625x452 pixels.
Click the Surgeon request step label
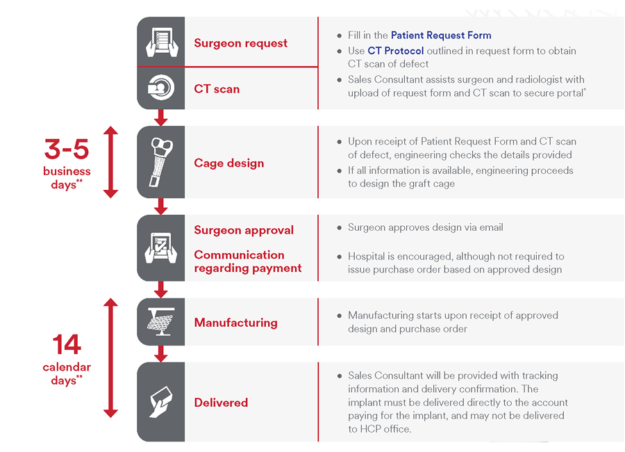coord(240,43)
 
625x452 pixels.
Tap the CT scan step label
coord(217,89)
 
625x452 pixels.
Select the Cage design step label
coord(228,163)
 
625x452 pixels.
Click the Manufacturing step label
coord(235,323)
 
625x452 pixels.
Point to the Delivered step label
coord(221,403)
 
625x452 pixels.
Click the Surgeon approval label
coord(244,230)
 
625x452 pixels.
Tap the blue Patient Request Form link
coord(441,35)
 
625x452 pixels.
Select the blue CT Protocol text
coord(396,51)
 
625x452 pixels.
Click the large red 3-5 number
coord(67,150)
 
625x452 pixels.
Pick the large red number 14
coord(67,345)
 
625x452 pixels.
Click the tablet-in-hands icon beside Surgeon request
coord(161,42)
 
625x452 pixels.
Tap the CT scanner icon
coord(161,88)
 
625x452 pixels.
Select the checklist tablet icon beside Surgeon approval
coord(161,248)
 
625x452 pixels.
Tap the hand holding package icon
coord(161,402)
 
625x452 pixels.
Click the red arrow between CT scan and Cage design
coord(161,118)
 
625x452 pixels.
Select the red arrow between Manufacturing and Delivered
coord(161,354)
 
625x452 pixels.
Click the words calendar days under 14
coord(67,374)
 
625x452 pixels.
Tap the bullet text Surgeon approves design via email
coord(425,227)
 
